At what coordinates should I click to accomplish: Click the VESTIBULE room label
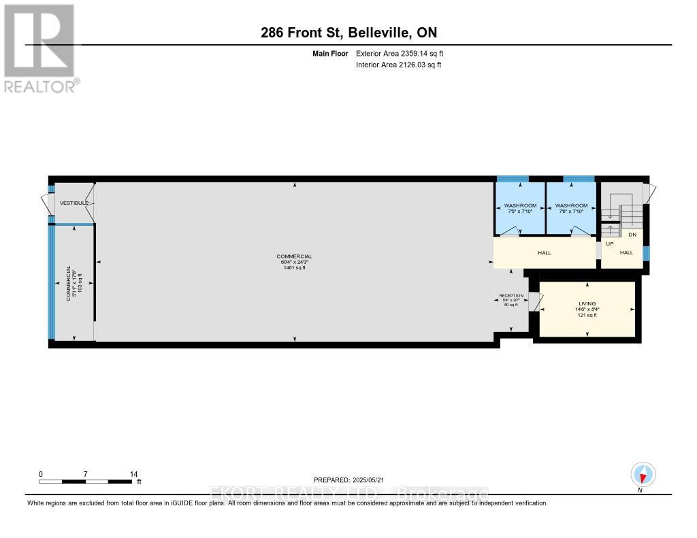74,203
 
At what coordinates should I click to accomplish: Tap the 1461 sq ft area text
295,267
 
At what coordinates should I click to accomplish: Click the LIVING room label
587,303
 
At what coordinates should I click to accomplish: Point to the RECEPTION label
511,296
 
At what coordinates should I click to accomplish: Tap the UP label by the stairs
610,243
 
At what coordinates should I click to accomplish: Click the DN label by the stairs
632,235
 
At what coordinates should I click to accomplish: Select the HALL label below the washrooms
544,252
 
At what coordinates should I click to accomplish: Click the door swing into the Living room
534,301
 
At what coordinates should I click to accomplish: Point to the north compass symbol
642,474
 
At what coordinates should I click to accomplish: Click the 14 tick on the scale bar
133,474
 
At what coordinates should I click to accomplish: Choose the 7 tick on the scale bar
86,474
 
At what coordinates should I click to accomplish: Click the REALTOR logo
39,48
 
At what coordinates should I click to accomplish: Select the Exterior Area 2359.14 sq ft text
400,53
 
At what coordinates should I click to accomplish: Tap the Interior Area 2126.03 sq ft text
398,65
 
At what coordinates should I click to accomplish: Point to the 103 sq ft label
80,282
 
